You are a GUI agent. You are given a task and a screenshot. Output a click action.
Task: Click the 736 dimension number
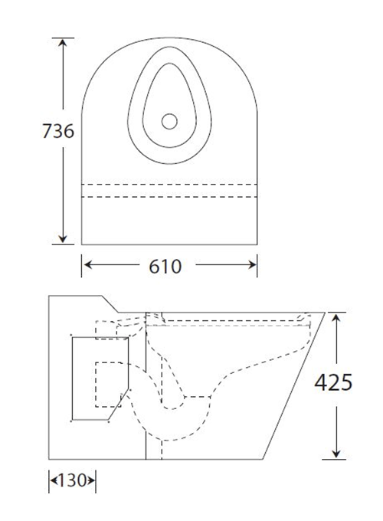coord(57,131)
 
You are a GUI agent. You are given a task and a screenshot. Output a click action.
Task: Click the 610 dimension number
coord(168,266)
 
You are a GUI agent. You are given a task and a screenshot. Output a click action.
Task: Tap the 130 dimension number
coord(73,481)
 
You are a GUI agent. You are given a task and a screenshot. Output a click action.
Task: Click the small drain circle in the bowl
coord(170,120)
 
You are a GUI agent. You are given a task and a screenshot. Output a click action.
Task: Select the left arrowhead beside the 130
coord(54,481)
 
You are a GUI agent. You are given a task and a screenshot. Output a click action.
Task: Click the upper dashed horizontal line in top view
coord(169,184)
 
